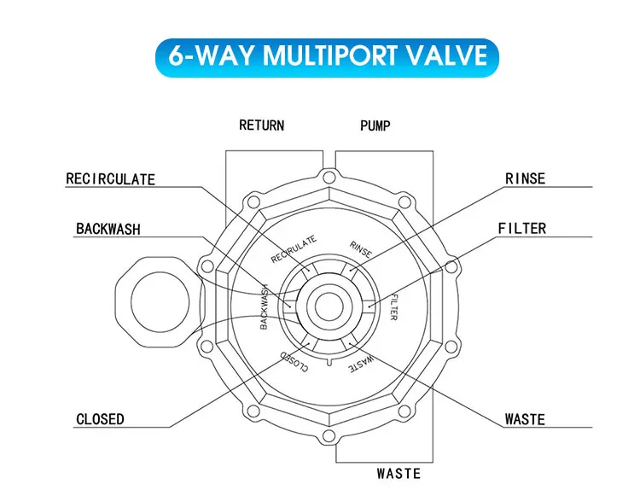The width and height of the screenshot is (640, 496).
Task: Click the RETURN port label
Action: [x=261, y=125]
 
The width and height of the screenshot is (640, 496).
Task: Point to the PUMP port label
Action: [x=375, y=125]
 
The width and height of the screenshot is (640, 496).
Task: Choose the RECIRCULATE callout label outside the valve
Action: [x=111, y=179]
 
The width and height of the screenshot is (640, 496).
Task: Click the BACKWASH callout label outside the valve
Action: [x=108, y=229]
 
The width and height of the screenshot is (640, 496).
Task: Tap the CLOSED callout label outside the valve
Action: [x=100, y=419]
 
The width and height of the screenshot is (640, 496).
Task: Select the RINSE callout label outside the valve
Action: [x=525, y=179]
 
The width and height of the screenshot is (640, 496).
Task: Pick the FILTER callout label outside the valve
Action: [x=522, y=229]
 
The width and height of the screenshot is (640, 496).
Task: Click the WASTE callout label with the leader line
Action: [x=524, y=419]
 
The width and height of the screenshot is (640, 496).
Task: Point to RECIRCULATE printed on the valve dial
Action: [x=294, y=248]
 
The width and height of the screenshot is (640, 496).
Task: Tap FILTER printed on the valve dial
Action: [x=394, y=306]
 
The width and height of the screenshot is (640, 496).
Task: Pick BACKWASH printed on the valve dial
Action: [x=264, y=306]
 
